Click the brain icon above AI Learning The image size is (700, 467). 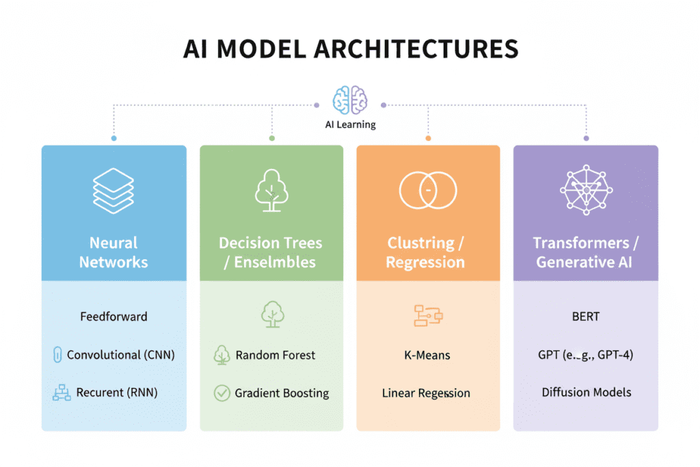coord(350,100)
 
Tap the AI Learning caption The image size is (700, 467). coord(350,124)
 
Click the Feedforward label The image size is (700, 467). coord(113,317)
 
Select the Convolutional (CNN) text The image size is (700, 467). coord(121,355)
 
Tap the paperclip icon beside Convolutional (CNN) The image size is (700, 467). coord(57,355)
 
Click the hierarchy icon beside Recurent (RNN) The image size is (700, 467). coord(62,393)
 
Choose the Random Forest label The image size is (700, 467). coord(275,355)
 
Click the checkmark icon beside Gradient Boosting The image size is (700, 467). coord(221,393)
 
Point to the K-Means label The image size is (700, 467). coord(427,356)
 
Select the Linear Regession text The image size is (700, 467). coord(426,393)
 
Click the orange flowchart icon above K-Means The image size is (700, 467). coord(429,315)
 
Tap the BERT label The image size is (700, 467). coord(586,317)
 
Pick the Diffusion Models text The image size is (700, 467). coord(587,392)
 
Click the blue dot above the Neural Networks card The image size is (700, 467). coord(113,138)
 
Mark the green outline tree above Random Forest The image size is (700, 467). coord(271,314)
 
